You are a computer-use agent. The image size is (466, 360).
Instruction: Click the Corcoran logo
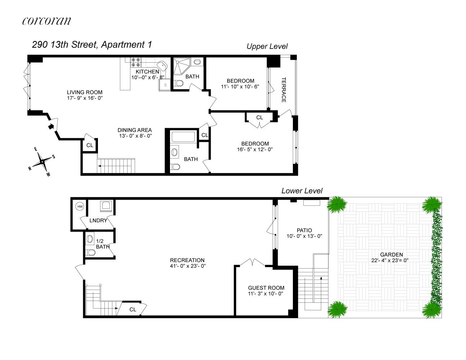pyautogui.click(x=46, y=21)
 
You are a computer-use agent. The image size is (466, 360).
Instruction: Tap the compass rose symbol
pyautogui.click(x=42, y=162)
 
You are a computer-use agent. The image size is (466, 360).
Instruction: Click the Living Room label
pyautogui.click(x=84, y=92)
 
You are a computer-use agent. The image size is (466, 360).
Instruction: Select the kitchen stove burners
pyautogui.click(x=135, y=62)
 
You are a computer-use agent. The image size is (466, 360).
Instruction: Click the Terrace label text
pyautogui.click(x=284, y=90)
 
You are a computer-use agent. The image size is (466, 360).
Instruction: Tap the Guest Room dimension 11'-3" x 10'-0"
pyautogui.click(x=266, y=294)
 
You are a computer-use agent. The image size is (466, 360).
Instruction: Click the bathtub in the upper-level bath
pyautogui.click(x=183, y=137)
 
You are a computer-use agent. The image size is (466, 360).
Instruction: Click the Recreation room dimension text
pyautogui.click(x=187, y=266)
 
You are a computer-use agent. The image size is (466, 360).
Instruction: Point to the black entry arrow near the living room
pyautogui.click(x=51, y=126)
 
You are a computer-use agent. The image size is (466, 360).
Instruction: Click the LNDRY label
pyautogui.click(x=98, y=220)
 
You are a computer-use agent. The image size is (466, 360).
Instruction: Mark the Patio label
pyautogui.click(x=304, y=230)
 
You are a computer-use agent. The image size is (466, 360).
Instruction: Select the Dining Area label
pyautogui.click(x=135, y=130)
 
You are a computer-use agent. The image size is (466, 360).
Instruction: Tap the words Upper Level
pyautogui.click(x=267, y=46)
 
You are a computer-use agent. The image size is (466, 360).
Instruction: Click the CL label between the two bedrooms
pyautogui.click(x=259, y=118)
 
